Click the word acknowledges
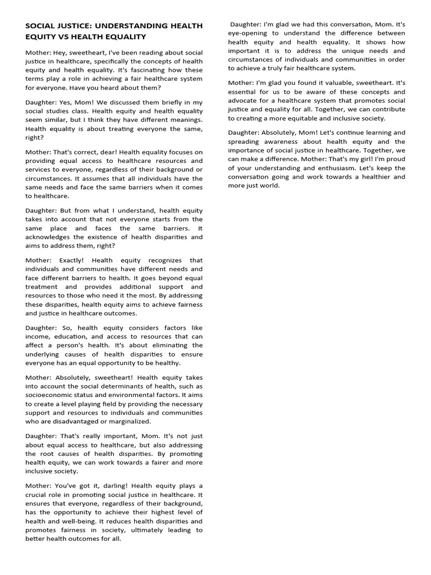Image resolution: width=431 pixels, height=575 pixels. click(x=53, y=237)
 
